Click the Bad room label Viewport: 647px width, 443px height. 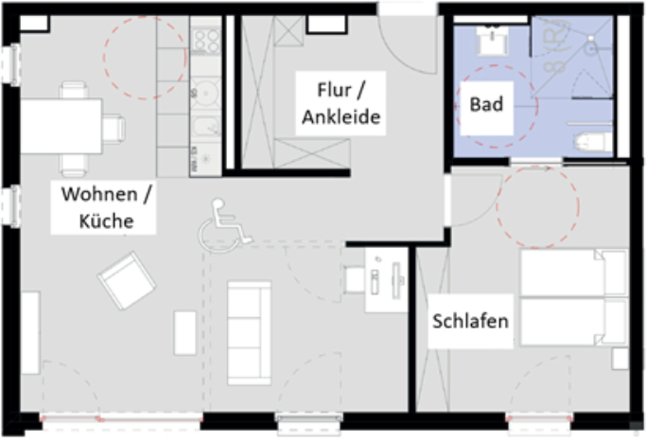coord(486,104)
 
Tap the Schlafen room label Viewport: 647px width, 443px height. coord(470,321)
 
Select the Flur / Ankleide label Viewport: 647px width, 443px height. coord(341,103)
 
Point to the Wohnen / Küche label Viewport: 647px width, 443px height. coord(106,207)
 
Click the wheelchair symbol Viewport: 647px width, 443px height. coord(224,226)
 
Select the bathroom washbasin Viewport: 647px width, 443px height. coord(492,41)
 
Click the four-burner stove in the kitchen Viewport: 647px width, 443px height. coord(206,42)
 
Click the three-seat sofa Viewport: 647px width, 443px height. coord(249,333)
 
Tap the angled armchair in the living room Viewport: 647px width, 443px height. coord(127,280)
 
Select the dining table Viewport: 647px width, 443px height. coord(61,126)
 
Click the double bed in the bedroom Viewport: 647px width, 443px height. coord(574,297)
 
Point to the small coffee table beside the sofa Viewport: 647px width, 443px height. coord(184,333)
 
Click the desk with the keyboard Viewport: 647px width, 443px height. coord(386,280)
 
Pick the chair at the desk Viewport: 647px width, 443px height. coord(354,280)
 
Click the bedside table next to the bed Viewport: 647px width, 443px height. coord(621,359)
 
